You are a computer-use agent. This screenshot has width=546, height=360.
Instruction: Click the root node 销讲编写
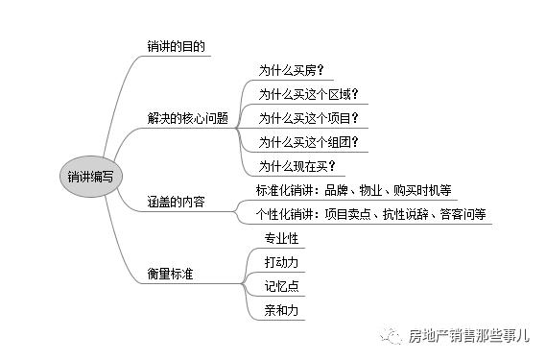pyautogui.click(x=89, y=177)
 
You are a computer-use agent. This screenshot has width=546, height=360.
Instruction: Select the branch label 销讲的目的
pyautogui.click(x=176, y=45)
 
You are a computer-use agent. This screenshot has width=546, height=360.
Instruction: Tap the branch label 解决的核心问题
pyautogui.click(x=188, y=118)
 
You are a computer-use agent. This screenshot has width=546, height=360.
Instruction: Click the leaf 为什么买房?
pyautogui.click(x=291, y=70)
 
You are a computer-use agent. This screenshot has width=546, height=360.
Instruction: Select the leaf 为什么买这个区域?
pyautogui.click(x=308, y=94)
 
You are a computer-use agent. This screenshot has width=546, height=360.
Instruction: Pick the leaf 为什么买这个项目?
pyautogui.click(x=308, y=118)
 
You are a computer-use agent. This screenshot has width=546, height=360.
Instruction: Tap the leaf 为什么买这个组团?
pyautogui.click(x=308, y=142)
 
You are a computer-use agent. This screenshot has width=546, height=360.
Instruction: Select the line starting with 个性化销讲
pyautogui.click(x=370, y=213)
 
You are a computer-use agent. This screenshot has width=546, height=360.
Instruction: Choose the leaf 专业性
pyautogui.click(x=280, y=237)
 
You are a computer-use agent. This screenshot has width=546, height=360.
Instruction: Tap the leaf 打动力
pyautogui.click(x=280, y=261)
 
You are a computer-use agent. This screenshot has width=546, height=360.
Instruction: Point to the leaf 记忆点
pyautogui.click(x=280, y=285)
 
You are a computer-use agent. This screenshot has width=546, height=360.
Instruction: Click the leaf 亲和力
pyautogui.click(x=280, y=309)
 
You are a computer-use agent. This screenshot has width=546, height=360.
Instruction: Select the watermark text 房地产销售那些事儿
pyautogui.click(x=468, y=335)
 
